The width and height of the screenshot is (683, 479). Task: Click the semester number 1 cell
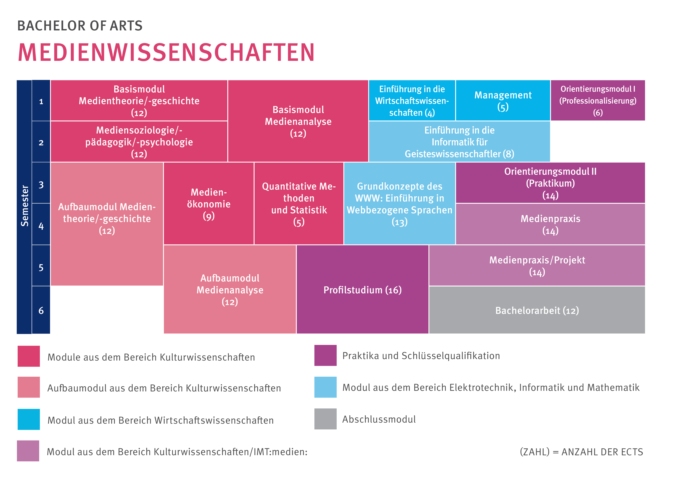click(41, 101)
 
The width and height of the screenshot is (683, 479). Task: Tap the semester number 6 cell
click(41, 310)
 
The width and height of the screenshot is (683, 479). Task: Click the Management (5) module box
click(503, 101)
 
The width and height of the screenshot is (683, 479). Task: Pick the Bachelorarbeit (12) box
click(537, 310)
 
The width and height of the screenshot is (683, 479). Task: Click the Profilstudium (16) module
click(362, 290)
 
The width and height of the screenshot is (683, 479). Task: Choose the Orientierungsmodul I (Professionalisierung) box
click(598, 101)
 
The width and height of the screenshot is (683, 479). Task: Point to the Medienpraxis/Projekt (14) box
click(537, 266)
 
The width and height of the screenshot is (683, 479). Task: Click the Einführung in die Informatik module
click(459, 142)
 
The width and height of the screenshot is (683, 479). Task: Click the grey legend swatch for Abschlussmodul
click(325, 419)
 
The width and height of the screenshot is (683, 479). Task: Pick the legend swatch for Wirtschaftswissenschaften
click(29, 419)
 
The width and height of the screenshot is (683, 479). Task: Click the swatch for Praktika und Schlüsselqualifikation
click(325, 355)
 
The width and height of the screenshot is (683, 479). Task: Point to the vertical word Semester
click(24, 206)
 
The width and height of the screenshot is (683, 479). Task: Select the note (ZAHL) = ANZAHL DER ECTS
click(581, 452)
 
